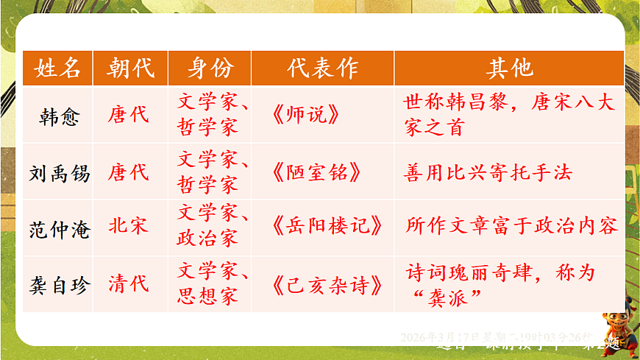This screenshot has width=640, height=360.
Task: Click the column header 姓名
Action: pos(57,68)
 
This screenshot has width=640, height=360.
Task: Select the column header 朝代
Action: pos(130,68)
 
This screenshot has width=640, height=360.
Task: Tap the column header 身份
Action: pos(210,68)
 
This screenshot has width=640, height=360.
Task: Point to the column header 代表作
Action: pos(322,68)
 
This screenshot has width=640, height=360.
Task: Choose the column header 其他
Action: pos(509,68)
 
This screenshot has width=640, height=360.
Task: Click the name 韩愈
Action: pos(59,116)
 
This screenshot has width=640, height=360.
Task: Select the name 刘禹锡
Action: pos(59,173)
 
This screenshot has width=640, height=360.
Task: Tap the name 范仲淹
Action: pos(59,229)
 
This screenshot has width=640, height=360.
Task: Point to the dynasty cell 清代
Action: pos(129,283)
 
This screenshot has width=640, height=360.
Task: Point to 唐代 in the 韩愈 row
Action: pos(129,115)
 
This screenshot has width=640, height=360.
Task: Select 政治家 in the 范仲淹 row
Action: pos(207,239)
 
